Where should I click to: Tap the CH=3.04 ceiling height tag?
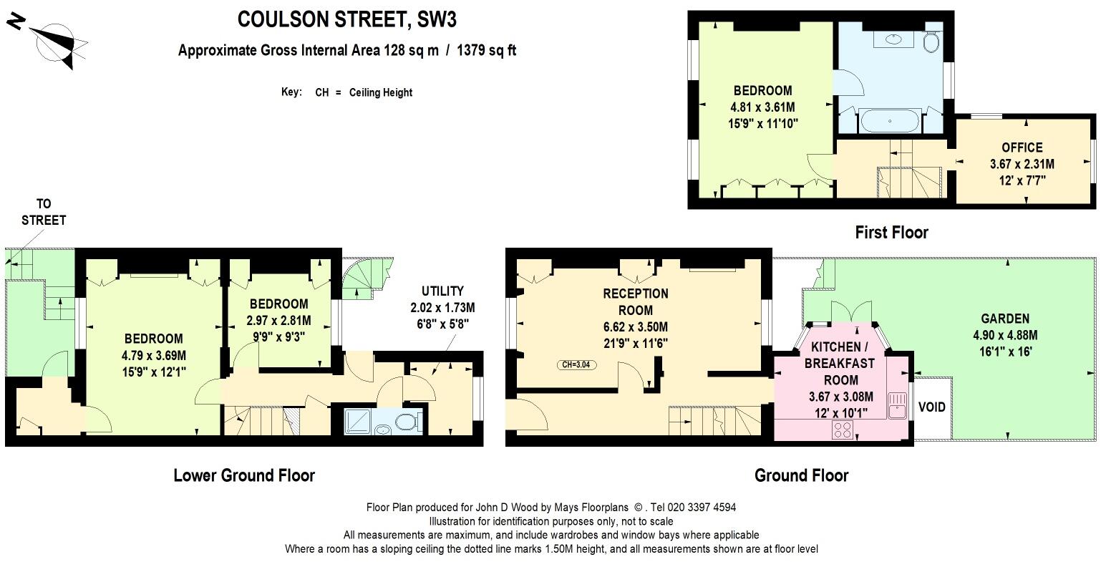576,365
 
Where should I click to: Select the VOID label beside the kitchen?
931,407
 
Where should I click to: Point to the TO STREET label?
44,212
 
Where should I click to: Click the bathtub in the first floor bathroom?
889,120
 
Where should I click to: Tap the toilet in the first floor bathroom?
931,42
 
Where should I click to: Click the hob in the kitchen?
843,430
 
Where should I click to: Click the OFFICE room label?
1022,147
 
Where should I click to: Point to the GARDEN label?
1005,319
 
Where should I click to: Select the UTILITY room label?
442,291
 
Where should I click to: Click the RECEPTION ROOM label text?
635,301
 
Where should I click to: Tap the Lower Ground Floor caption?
243,475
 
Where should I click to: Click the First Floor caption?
891,232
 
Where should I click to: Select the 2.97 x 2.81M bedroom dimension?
278,320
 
